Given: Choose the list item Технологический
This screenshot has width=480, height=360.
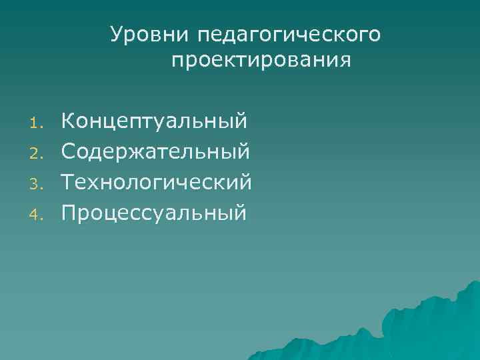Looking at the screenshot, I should [x=156, y=182].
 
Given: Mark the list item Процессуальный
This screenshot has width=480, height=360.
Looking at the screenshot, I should [x=154, y=212].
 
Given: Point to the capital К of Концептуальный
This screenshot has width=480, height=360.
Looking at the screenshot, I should [x=68, y=121].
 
